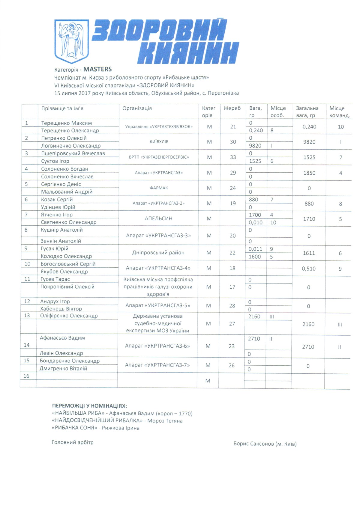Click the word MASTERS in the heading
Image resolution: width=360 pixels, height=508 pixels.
[x=97, y=69]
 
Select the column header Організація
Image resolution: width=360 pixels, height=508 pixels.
[x=137, y=108]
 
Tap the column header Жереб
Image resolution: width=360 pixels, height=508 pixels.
[x=232, y=108]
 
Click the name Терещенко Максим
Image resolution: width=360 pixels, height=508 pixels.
[x=67, y=123]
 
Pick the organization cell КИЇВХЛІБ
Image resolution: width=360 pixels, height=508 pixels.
[x=159, y=142]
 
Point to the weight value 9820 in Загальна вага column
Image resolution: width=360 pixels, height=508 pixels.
[x=309, y=142]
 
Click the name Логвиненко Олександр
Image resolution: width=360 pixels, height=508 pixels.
[x=71, y=146]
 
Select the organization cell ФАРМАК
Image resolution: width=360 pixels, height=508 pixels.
[x=159, y=188]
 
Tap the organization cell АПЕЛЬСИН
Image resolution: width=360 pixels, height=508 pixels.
[x=158, y=218]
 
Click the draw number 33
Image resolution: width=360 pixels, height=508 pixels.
[x=233, y=157]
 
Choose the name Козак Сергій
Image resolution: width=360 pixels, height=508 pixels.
[x=57, y=199]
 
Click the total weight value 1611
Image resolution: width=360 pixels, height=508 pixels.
[x=309, y=253]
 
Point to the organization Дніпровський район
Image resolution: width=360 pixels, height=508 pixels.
[x=158, y=253]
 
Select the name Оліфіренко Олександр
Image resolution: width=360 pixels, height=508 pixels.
[x=69, y=316]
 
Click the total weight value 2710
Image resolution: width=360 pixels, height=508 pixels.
[x=308, y=347]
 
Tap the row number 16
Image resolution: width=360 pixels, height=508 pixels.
[x=26, y=376]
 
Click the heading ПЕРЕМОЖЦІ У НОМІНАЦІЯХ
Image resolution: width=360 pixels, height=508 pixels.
[x=89, y=406]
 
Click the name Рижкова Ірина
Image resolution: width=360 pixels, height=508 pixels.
[x=121, y=428]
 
